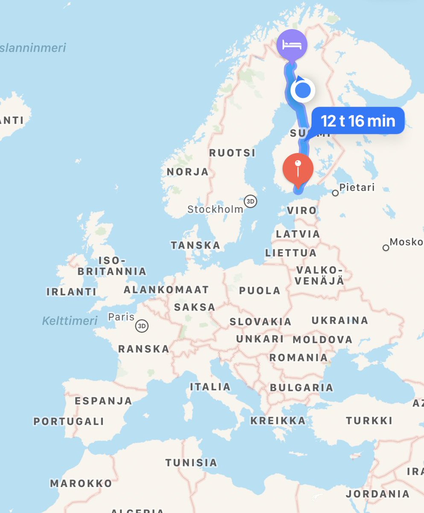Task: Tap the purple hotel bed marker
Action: [x=292, y=44]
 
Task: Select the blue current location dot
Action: [x=303, y=91]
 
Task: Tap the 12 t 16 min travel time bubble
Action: [x=358, y=121]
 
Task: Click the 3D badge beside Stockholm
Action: [x=251, y=201]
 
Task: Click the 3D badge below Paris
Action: [x=142, y=326]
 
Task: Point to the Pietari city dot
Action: [x=335, y=193]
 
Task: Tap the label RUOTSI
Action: [x=232, y=153]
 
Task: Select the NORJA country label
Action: [x=188, y=172]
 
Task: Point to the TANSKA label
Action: [x=196, y=245]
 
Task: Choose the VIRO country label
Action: [x=302, y=210]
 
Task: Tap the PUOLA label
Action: [x=260, y=291]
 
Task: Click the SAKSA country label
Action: [x=195, y=307]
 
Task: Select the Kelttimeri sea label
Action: [x=70, y=320]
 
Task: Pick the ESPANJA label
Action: [x=103, y=401]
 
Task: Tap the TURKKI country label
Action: [x=369, y=421]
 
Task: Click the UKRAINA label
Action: [x=339, y=320]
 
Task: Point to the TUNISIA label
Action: [x=191, y=463]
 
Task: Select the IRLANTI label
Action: [x=71, y=292]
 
